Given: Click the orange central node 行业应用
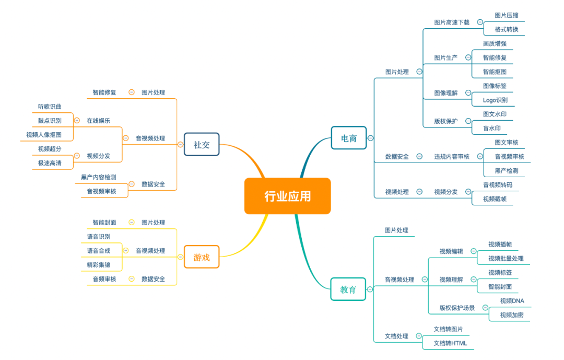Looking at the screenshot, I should (287, 196).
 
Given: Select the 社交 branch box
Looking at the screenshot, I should (202, 145).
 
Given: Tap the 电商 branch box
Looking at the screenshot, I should (349, 138).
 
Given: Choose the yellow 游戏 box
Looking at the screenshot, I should (202, 257).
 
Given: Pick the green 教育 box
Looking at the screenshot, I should (348, 289).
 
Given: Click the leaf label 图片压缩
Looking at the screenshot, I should (507, 16).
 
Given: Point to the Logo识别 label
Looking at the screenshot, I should (495, 100).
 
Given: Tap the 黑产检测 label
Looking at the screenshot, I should (507, 170).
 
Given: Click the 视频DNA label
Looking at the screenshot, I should (512, 300).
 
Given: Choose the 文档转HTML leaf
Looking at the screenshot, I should (450, 343).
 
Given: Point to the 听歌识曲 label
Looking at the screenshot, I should (50, 107).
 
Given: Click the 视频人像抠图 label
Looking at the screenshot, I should (44, 135).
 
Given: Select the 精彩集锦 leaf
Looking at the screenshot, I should (99, 265).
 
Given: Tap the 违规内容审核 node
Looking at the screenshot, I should (452, 156).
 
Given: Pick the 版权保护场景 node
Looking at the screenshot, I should (457, 308).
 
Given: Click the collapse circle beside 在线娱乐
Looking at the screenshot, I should (77, 120).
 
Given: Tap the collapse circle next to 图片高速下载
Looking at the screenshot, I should (480, 22).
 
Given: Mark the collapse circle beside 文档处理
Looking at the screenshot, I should (419, 336).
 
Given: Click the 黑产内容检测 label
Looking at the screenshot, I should (99, 177).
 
